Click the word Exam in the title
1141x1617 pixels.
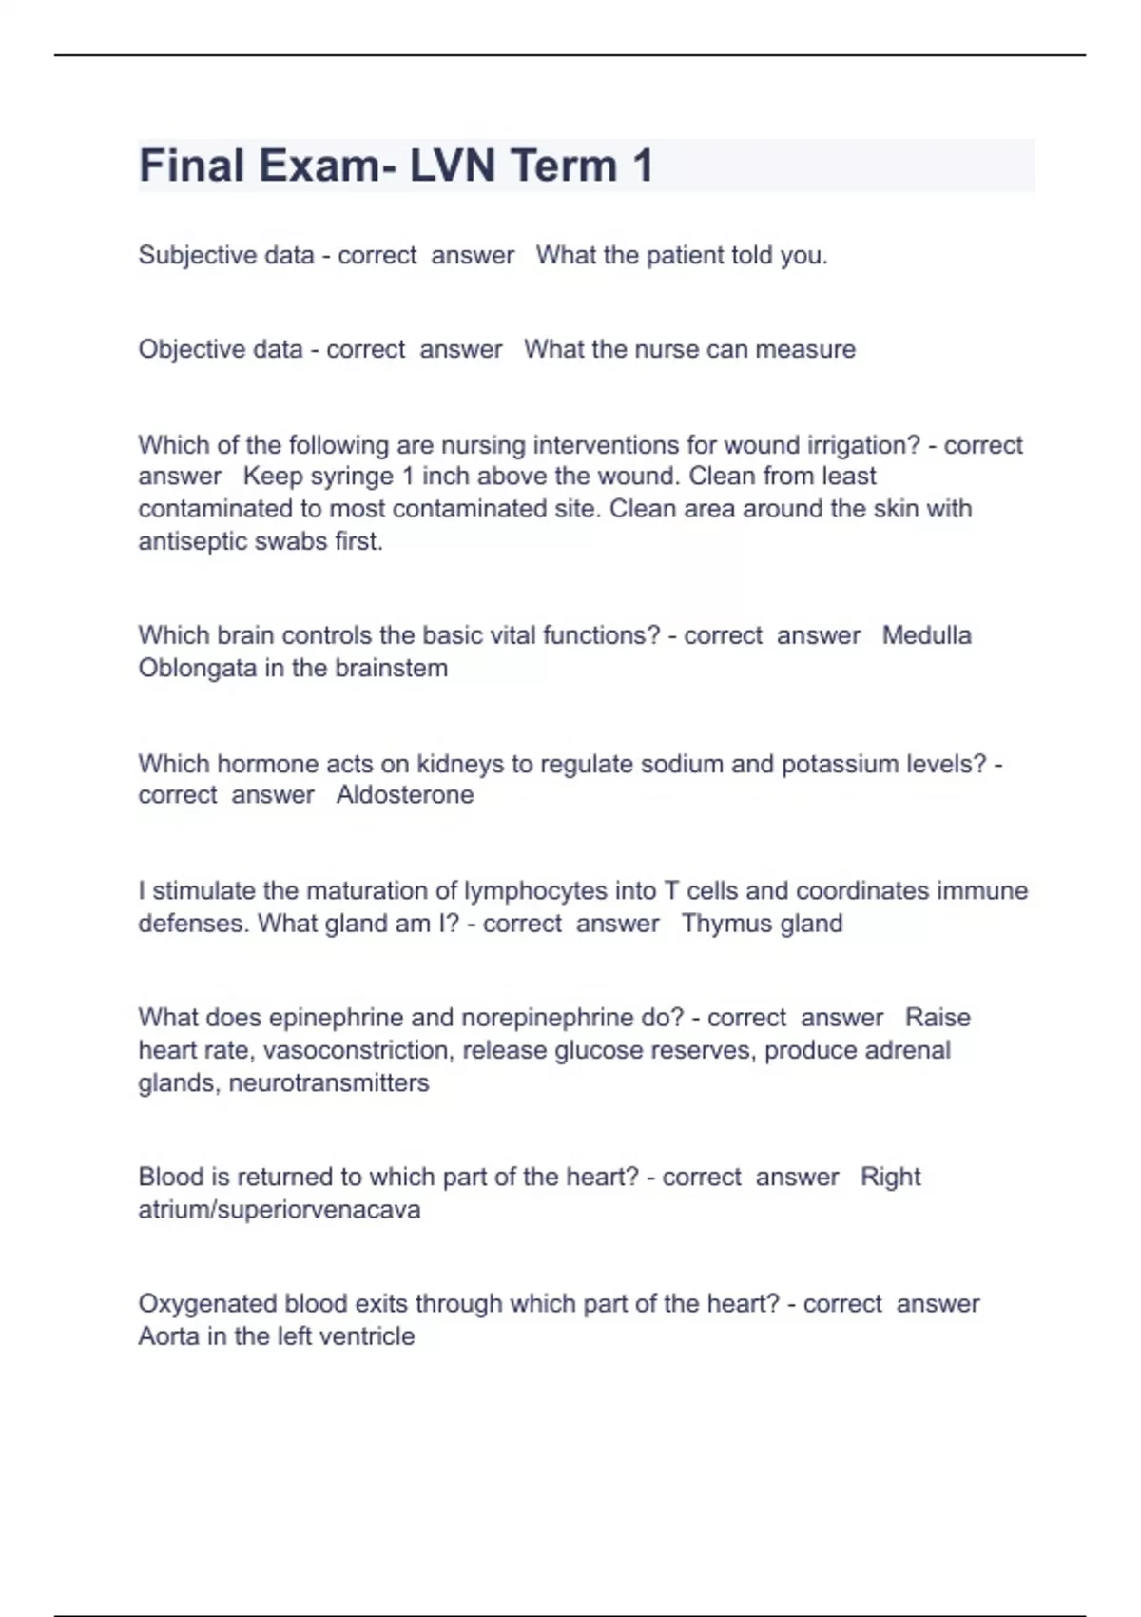pos(319,166)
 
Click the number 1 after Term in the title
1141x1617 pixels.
pos(642,166)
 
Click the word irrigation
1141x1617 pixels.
pos(863,445)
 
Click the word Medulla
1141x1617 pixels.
pos(926,635)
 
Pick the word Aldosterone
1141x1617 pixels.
pos(405,795)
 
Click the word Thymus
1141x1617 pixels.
pos(724,924)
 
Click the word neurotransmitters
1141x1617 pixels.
pos(329,1082)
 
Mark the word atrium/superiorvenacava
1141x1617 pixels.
pos(280,1210)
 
